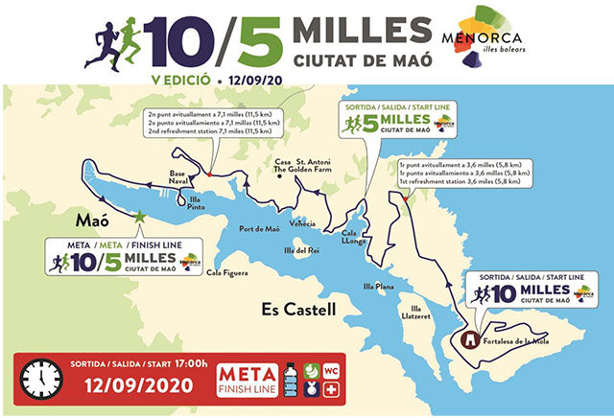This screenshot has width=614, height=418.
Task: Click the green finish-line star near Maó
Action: click(x=141, y=218)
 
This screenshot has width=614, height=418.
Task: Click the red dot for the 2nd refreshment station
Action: click(x=209, y=174)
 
